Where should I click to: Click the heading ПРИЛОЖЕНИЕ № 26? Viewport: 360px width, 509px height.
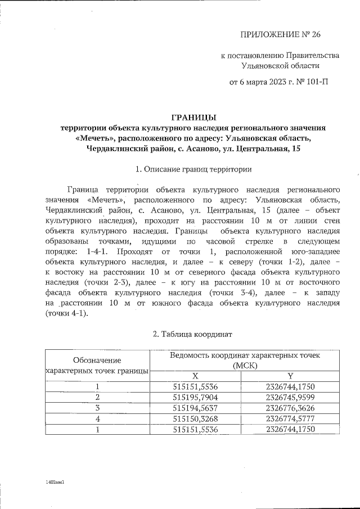[280, 35]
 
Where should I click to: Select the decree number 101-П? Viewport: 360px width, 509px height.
[316, 82]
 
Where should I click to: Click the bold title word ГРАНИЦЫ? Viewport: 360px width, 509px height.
[193, 118]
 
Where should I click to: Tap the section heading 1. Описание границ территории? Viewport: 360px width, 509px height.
[193, 169]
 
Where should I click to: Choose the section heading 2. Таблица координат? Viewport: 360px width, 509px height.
[193, 334]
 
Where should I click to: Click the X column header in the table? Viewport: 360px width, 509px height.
[195, 376]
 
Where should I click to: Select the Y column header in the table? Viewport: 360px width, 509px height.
[290, 376]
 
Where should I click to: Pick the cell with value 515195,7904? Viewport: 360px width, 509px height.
[195, 397]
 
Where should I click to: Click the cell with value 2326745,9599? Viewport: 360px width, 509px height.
[290, 397]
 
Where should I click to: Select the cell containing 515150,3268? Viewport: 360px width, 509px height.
[195, 418]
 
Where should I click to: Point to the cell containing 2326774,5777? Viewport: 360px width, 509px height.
[290, 418]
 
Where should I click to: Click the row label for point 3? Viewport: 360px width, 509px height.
[97, 408]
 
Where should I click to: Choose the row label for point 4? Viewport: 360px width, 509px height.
[97, 418]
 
